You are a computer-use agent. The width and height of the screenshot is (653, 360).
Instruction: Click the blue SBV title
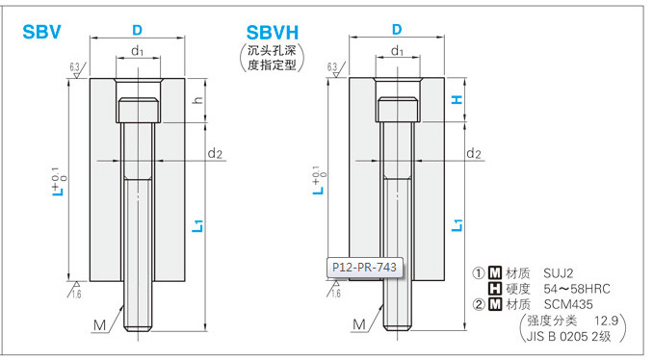point(41,32)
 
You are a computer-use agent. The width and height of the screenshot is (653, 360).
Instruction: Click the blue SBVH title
point(273,33)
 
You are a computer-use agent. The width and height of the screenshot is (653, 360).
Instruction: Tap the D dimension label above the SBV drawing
point(137,30)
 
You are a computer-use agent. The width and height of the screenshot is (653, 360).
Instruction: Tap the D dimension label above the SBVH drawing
point(397,29)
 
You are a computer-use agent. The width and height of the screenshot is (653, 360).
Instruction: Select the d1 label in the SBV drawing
point(138,51)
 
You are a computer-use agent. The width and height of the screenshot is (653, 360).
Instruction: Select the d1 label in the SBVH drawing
point(398,51)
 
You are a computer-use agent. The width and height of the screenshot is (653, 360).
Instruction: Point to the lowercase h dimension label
point(198,100)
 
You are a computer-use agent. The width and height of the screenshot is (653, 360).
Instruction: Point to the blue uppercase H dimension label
point(457,99)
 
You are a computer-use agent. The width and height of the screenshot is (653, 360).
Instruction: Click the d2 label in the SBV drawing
point(215,154)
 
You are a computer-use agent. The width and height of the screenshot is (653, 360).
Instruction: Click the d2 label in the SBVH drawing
point(474,154)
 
